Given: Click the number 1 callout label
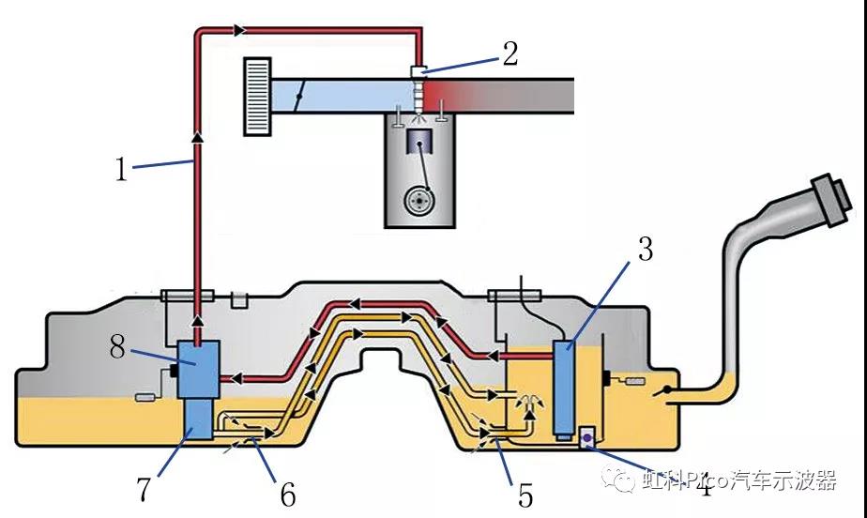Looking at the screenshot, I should click(x=120, y=170).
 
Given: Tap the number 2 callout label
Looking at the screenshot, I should click(x=510, y=53).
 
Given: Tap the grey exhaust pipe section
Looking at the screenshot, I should click(x=535, y=94).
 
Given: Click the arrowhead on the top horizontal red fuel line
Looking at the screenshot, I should click(x=240, y=31).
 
